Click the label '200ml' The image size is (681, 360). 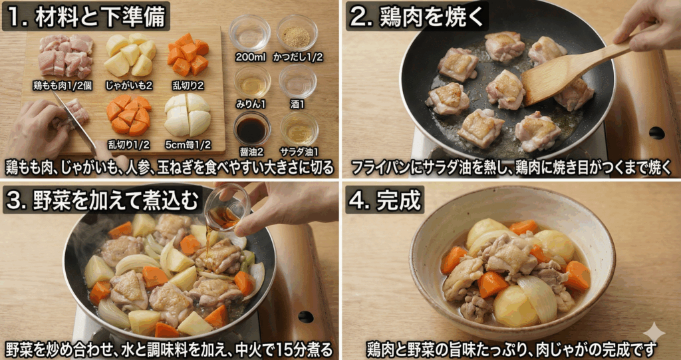(250, 57)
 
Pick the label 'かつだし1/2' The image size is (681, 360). (297, 57)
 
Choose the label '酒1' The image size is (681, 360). (297, 104)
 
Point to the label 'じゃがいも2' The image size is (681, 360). (130, 85)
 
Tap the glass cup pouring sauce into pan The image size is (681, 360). (227, 207)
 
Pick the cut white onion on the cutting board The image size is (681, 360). (187, 114)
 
